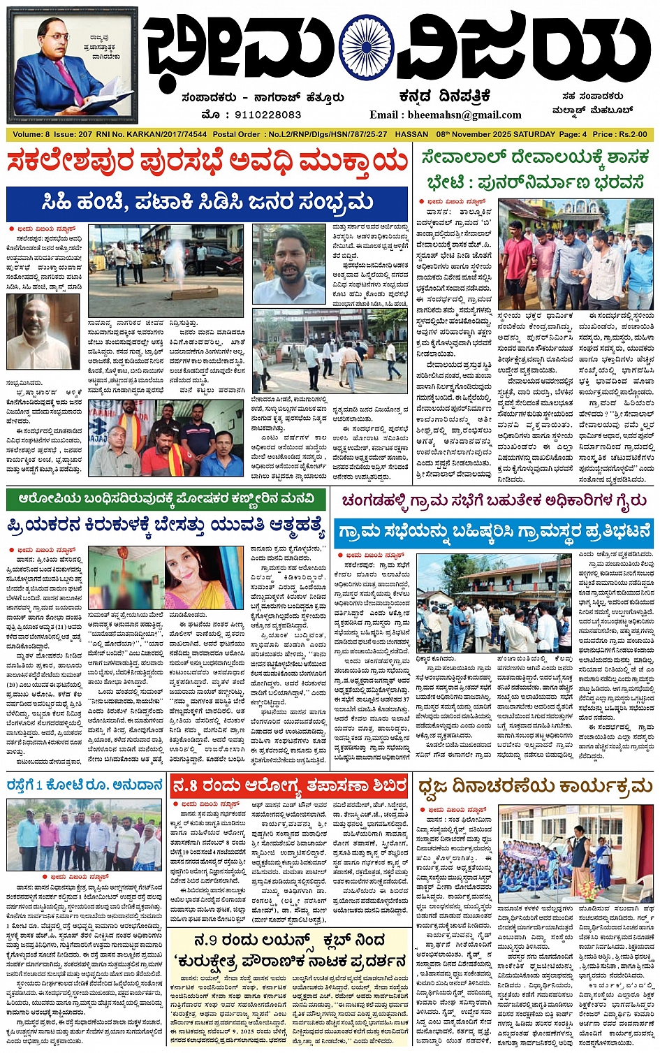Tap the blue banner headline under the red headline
click(207, 203)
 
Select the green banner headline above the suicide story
click(166, 500)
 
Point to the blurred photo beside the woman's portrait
click(125, 579)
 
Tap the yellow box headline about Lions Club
click(290, 950)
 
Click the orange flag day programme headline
click(534, 787)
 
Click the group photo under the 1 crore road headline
click(85, 836)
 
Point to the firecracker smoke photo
click(166, 270)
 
